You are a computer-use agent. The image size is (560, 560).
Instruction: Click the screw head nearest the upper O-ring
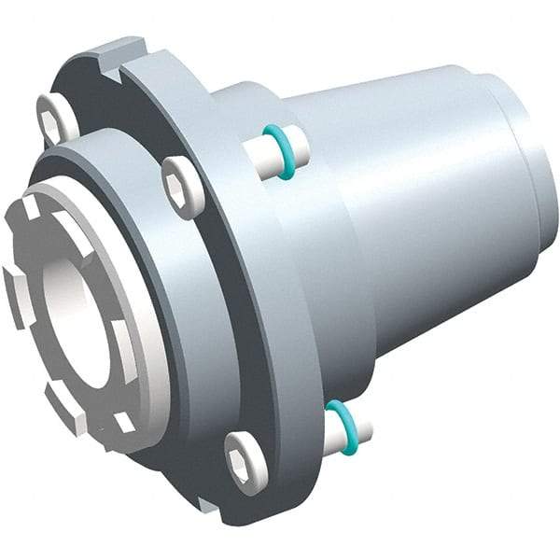181,186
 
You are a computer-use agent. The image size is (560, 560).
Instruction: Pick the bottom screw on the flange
245,460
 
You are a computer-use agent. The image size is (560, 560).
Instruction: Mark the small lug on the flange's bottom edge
207,505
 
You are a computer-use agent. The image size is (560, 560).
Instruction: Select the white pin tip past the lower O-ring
362,432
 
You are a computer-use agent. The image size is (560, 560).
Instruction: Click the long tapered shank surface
411,205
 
